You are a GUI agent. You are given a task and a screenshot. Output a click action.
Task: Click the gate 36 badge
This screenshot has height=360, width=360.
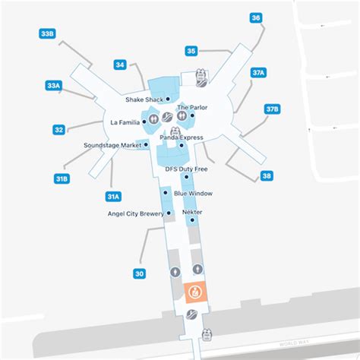click(256, 17)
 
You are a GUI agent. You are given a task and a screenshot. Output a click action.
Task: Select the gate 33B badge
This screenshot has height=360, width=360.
click(47, 33)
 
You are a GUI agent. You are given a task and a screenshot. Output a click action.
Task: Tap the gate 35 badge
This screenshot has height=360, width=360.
click(192, 51)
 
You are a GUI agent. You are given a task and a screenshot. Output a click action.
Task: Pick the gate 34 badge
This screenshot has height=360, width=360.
click(120, 65)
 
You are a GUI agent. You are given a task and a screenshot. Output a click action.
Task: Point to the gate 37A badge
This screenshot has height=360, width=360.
click(258, 72)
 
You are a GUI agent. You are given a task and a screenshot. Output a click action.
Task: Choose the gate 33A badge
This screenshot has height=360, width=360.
click(53, 86)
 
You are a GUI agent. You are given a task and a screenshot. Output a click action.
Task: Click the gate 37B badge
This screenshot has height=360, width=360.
click(272, 109)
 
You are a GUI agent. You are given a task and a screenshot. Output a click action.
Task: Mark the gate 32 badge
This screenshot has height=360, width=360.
click(58, 130)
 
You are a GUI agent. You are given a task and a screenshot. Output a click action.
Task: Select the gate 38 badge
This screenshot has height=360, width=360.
click(266, 175)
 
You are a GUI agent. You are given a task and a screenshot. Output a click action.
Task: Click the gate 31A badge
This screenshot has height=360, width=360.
click(112, 197)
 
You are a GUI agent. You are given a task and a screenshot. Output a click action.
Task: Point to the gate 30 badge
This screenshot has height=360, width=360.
click(138, 273)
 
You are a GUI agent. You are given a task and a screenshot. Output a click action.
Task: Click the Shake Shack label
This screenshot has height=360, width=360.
click(144, 99)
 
